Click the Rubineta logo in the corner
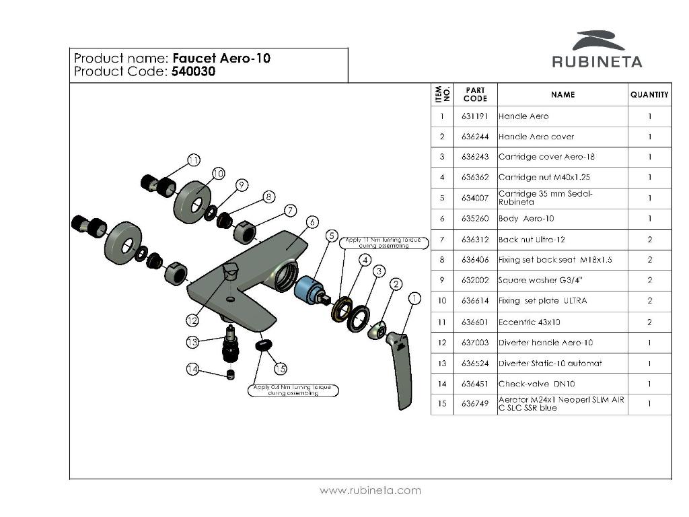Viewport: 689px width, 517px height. pyautogui.click(x=597, y=50)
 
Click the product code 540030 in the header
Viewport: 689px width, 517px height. pyautogui.click(x=194, y=71)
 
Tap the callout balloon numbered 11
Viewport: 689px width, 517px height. pyautogui.click(x=194, y=160)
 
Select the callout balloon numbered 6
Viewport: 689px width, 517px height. pyautogui.click(x=312, y=221)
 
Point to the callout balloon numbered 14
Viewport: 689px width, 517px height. pyautogui.click(x=193, y=369)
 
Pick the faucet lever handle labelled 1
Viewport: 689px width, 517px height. pyautogui.click(x=401, y=367)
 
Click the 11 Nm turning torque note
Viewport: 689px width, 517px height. pyautogui.click(x=384, y=242)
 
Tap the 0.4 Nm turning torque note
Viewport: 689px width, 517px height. pyautogui.click(x=293, y=390)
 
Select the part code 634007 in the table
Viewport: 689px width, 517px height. pyautogui.click(x=475, y=198)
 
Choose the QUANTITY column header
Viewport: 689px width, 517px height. pyautogui.click(x=649, y=95)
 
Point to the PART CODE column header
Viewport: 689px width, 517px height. pyautogui.click(x=475, y=94)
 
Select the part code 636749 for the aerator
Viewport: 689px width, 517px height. pyautogui.click(x=475, y=404)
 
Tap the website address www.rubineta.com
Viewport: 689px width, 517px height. pyautogui.click(x=370, y=490)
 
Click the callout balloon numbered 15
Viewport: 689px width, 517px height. pyautogui.click(x=280, y=368)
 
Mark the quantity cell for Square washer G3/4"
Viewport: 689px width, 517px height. pyautogui.click(x=649, y=280)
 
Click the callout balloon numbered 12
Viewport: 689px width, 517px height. pyautogui.click(x=193, y=320)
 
